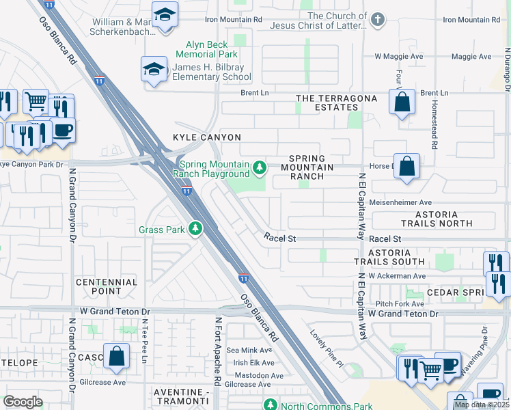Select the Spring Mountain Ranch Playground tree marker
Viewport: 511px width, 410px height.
(259, 167)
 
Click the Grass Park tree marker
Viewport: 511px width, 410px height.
(196, 229)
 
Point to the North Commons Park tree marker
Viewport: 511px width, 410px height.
(271, 405)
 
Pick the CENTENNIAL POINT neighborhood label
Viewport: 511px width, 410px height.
(107, 286)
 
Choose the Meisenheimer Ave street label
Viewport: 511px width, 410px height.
(400, 202)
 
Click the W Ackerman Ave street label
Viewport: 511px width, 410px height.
(396, 276)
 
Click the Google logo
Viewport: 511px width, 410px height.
(23, 401)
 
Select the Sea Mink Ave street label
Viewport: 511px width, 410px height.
(254, 350)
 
